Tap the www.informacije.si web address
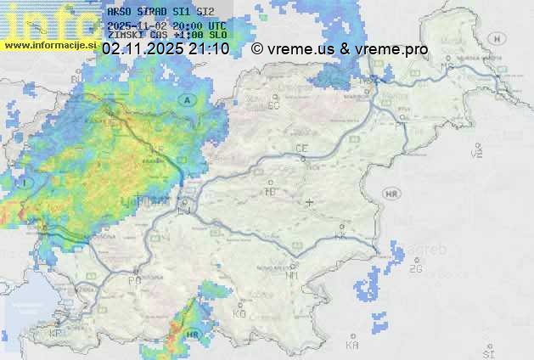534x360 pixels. [x=51, y=44]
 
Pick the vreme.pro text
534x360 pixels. [x=391, y=49]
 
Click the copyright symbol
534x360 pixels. [x=257, y=49]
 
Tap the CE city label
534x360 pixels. [x=301, y=149]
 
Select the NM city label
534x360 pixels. [x=293, y=275]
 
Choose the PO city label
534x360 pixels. [x=134, y=279]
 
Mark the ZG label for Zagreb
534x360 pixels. [x=415, y=269]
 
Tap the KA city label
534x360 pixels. [x=352, y=345]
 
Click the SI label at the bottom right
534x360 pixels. [x=488, y=352]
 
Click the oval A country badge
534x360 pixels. [x=186, y=100]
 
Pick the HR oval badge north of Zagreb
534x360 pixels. [x=392, y=194]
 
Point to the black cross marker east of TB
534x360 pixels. [x=310, y=202]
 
